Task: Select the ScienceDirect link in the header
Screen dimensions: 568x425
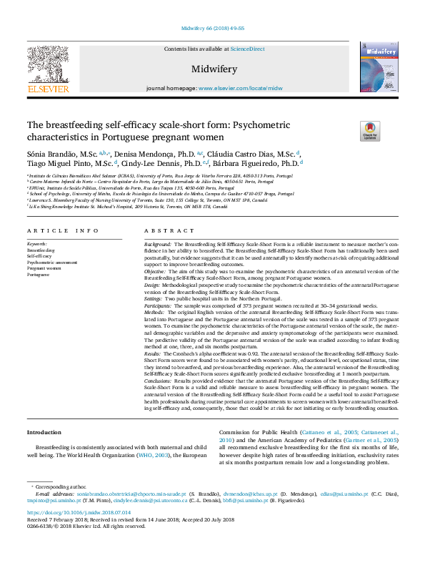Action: tap(248, 49)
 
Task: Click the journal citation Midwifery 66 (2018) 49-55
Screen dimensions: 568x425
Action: tap(212, 28)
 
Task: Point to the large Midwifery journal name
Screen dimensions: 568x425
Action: tap(212, 69)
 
